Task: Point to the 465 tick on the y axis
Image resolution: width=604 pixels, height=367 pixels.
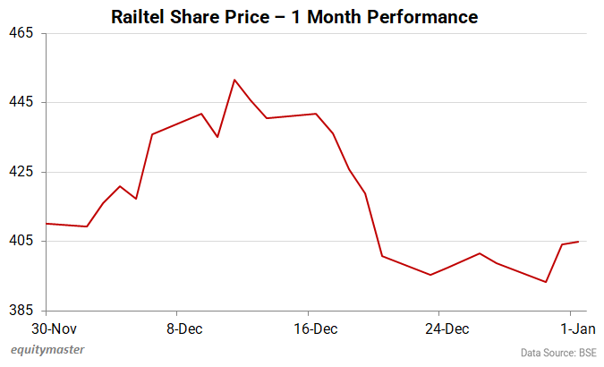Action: tap(21, 33)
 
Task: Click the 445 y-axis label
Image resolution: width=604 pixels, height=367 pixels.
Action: tap(21, 102)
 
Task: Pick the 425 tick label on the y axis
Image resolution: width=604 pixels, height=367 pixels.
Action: tap(21, 172)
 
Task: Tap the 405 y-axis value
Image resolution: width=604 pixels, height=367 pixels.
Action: tap(21, 241)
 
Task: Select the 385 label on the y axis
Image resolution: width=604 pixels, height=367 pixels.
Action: tap(21, 310)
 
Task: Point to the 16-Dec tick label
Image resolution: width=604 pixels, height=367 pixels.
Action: tap(316, 329)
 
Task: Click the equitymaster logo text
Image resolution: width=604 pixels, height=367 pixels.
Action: tap(46, 350)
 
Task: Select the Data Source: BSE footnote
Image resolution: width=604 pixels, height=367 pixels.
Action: tap(558, 352)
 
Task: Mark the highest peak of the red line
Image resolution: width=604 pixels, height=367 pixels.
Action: tap(234, 80)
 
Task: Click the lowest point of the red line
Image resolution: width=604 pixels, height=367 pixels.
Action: tap(546, 282)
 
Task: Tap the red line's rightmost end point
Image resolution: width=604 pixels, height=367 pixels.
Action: tap(579, 242)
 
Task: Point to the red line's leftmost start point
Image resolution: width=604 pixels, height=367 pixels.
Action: tap(46, 224)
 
